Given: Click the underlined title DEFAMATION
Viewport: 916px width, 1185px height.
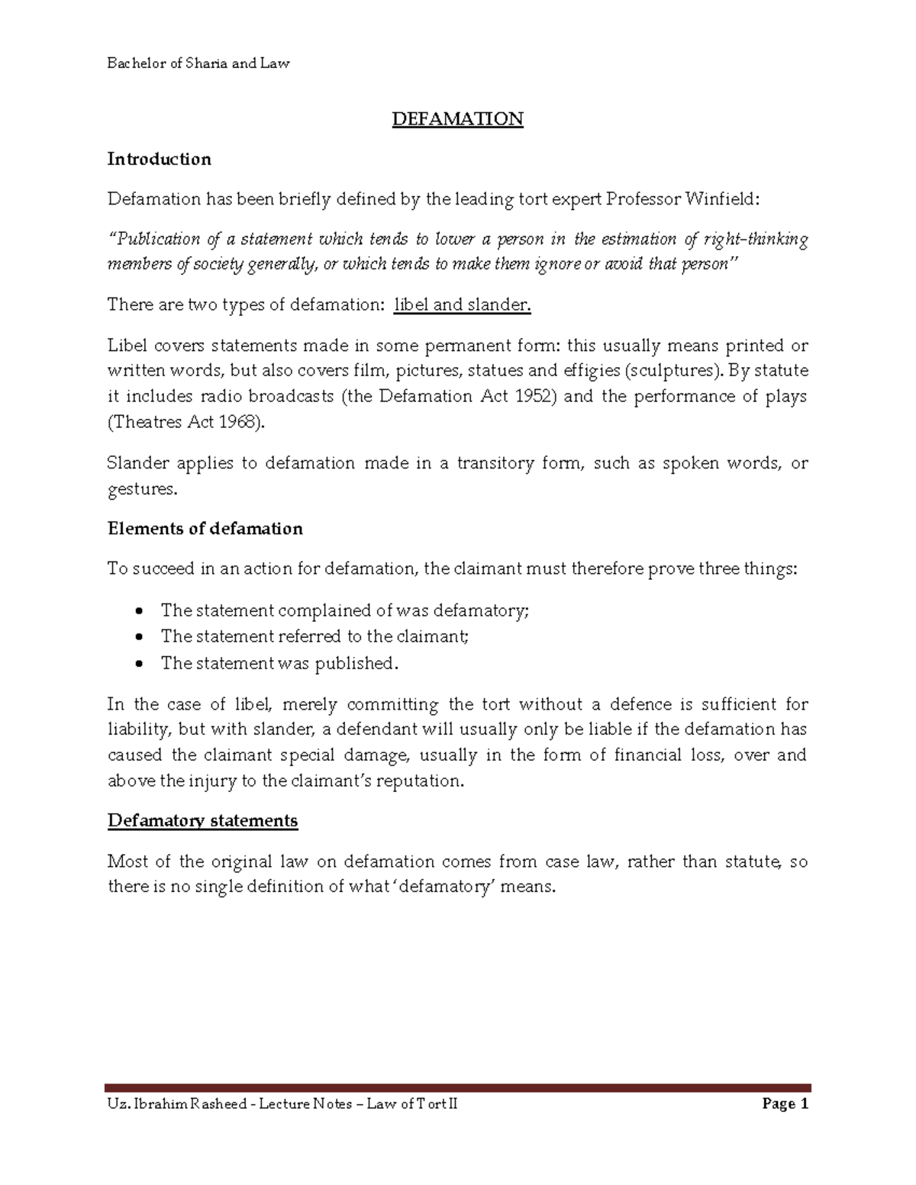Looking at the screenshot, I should [457, 119].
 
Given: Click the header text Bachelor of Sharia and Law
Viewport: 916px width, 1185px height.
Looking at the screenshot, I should [198, 63].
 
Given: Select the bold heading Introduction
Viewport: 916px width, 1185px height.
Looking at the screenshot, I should [159, 159].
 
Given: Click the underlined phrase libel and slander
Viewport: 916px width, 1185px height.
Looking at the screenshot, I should [462, 305].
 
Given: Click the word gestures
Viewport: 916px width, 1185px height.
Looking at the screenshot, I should [141, 489].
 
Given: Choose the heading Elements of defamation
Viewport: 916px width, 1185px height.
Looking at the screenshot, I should [205, 529].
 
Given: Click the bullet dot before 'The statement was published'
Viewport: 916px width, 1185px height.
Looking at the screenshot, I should [138, 665].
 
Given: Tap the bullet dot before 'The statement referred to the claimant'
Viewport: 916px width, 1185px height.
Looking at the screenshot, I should [138, 638].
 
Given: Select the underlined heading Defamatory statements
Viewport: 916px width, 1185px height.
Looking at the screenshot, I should [202, 821].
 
